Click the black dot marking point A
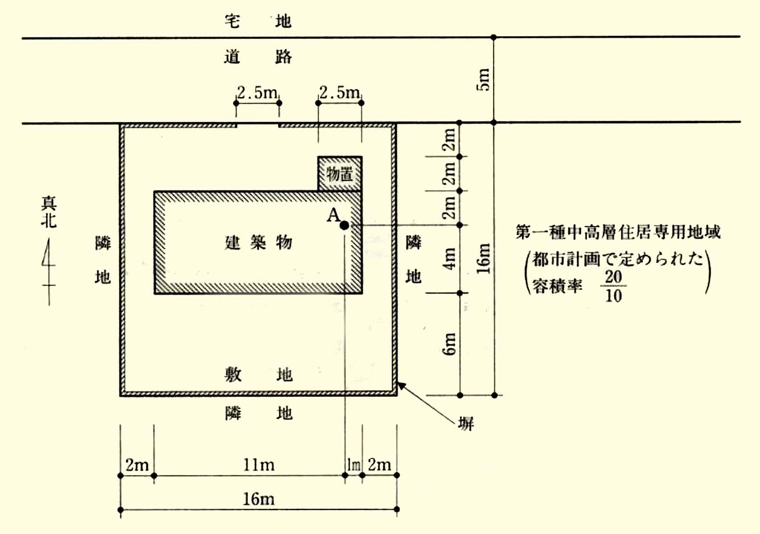click(x=344, y=225)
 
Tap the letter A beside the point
click(x=333, y=215)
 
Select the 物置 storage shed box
click(x=340, y=174)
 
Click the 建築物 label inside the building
click(x=258, y=242)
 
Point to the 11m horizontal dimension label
click(x=259, y=465)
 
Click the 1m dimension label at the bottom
click(x=354, y=465)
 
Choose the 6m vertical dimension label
click(x=449, y=343)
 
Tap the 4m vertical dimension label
click(x=449, y=259)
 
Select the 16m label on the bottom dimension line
click(x=259, y=499)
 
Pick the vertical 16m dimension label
click(x=484, y=259)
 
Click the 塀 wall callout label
click(x=466, y=424)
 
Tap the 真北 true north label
click(x=49, y=212)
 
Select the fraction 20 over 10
click(x=613, y=286)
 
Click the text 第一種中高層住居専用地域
click(x=618, y=232)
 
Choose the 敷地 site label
click(x=259, y=374)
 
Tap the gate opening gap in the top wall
click(x=258, y=125)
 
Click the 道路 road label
click(x=258, y=57)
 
